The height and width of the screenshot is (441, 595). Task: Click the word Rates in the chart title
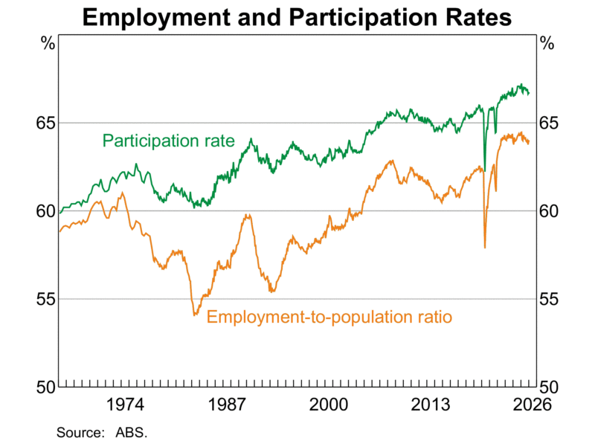[x=476, y=16]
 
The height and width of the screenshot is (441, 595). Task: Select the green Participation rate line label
[x=168, y=141]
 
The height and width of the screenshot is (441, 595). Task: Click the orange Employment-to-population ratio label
[x=329, y=317]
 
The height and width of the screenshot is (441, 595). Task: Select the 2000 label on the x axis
[x=329, y=405]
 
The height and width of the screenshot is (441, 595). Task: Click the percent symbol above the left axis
[x=47, y=43]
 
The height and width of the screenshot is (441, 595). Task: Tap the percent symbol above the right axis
[x=548, y=43]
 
